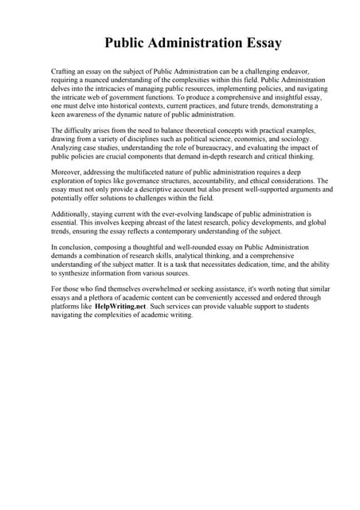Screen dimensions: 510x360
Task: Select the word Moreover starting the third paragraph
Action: (66, 171)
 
